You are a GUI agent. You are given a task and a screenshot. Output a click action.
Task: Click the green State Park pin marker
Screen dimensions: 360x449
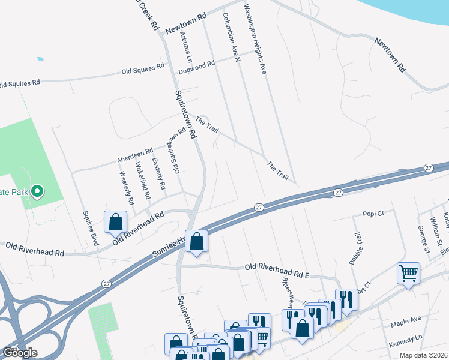(37, 191)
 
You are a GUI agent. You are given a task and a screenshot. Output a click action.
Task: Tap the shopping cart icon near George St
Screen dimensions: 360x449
(408, 274)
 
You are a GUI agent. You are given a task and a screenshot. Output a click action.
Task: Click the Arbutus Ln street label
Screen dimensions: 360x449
(185, 47)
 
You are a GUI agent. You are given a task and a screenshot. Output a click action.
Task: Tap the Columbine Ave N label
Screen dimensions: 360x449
(231, 37)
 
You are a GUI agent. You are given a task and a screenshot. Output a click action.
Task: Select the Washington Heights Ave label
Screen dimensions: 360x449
(255, 40)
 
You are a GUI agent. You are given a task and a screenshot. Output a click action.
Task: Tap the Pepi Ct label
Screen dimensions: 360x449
(373, 213)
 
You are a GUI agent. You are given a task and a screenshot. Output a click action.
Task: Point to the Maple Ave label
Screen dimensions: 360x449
(406, 323)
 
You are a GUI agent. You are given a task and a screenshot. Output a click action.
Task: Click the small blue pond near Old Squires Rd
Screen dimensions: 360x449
(40, 59)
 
